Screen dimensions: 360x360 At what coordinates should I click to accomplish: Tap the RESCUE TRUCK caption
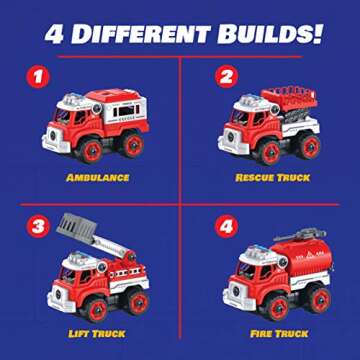click(273, 178)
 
